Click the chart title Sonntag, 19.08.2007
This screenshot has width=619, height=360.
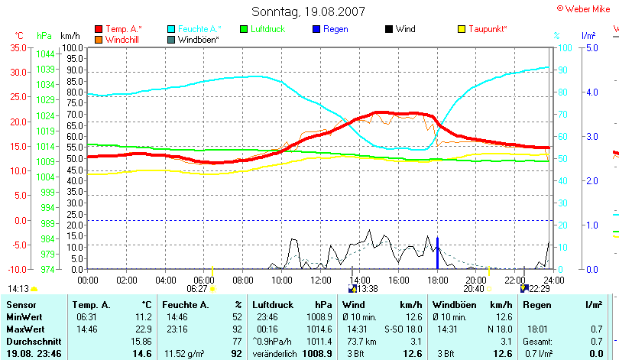(x=308, y=11)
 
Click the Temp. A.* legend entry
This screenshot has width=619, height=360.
(x=123, y=29)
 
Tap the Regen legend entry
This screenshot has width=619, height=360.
(x=335, y=29)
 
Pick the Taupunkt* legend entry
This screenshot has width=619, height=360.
(x=488, y=29)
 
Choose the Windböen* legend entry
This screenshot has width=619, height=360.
(x=199, y=39)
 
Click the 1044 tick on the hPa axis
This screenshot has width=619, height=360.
(x=45, y=54)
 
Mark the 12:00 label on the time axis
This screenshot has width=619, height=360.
(x=319, y=281)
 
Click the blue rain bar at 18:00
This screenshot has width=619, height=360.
(x=437, y=254)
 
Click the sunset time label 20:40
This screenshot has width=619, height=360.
(x=475, y=289)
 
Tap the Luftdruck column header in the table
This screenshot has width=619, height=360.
(x=273, y=304)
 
